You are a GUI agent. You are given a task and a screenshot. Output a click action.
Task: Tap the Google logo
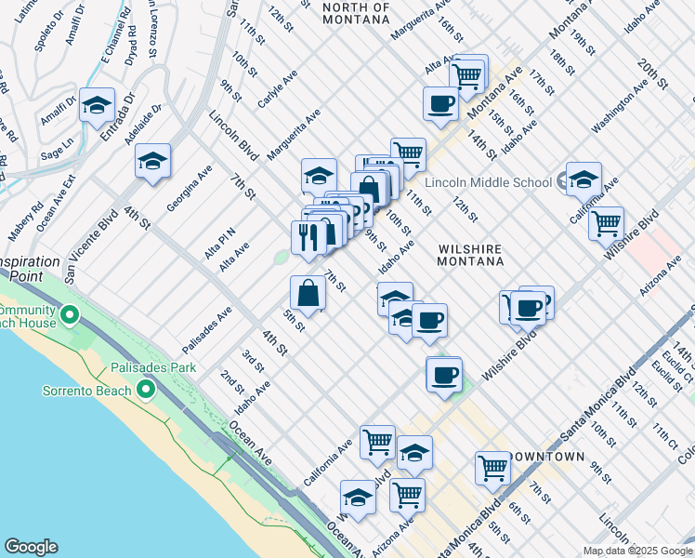click(x=31, y=547)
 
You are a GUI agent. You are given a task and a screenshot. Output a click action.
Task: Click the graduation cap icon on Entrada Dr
click(x=96, y=105)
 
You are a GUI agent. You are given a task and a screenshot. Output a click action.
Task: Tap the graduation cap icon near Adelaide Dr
click(x=152, y=161)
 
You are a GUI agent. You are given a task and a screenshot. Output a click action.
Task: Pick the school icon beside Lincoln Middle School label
click(x=584, y=179)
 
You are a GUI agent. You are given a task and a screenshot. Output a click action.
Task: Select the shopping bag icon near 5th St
click(x=308, y=294)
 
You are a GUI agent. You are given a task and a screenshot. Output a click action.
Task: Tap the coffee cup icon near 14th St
click(x=440, y=103)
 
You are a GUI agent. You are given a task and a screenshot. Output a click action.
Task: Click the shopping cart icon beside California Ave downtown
click(x=377, y=443)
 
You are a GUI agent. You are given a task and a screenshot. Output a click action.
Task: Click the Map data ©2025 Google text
click(x=637, y=551)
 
